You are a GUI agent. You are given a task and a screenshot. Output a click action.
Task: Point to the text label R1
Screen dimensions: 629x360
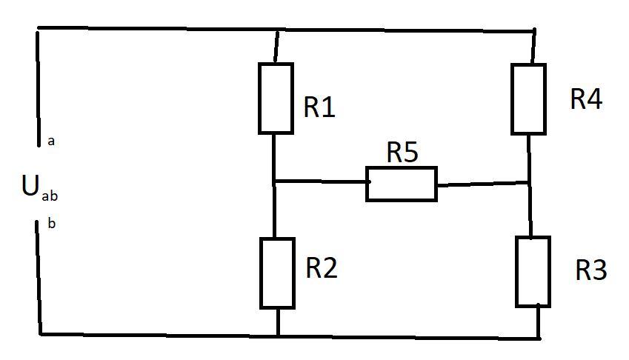tap(319, 107)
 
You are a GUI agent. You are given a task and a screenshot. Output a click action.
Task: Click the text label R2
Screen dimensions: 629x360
tap(322, 268)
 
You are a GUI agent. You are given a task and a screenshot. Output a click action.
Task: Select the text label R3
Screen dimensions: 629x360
tap(591, 270)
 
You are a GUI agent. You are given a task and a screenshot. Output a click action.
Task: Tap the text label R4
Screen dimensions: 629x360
tap(586, 99)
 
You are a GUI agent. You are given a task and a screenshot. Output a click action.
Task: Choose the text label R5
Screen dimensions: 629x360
tap(402, 152)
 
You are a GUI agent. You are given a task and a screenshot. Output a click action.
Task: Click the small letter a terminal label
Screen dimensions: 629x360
tap(51, 141)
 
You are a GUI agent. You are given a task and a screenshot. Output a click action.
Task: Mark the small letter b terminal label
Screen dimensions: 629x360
tap(51, 223)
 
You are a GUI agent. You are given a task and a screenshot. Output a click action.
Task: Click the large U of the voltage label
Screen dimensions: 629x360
tap(30, 186)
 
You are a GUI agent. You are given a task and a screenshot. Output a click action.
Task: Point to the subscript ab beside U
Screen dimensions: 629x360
tap(50, 196)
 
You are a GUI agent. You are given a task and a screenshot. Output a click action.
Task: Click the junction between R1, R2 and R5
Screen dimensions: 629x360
tap(273, 182)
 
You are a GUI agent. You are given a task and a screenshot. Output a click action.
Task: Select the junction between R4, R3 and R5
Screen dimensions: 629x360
tap(530, 183)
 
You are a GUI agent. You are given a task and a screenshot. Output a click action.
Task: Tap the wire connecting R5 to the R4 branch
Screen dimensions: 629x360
tap(483, 184)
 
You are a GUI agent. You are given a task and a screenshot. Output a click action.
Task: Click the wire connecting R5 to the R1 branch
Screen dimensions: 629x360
tap(320, 182)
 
